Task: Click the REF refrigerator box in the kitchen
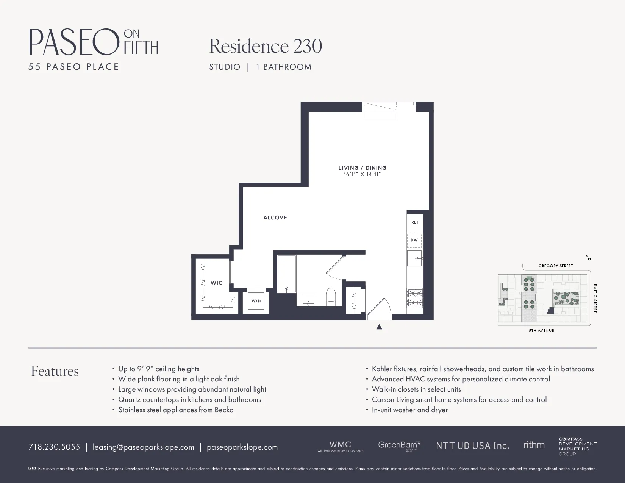coord(415,222)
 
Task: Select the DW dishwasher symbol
coord(414,240)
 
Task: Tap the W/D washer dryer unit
coord(256,301)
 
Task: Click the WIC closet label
coord(216,283)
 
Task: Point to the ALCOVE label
coord(275,217)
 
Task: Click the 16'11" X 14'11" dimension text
coord(362,175)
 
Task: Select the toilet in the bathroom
coord(331,297)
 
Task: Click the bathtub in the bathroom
coord(287,274)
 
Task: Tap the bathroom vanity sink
coord(308,299)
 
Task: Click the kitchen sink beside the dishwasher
coord(414,258)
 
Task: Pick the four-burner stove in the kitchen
coord(415,298)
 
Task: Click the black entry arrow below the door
coord(379,327)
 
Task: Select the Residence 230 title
coord(266,46)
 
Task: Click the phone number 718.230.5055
coord(54,447)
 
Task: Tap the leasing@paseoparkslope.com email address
coord(143,447)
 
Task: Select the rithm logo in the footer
coord(534,445)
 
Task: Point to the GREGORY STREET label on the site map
coord(555,266)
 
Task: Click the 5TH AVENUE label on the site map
coord(541,331)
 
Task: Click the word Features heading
coord(55,371)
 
